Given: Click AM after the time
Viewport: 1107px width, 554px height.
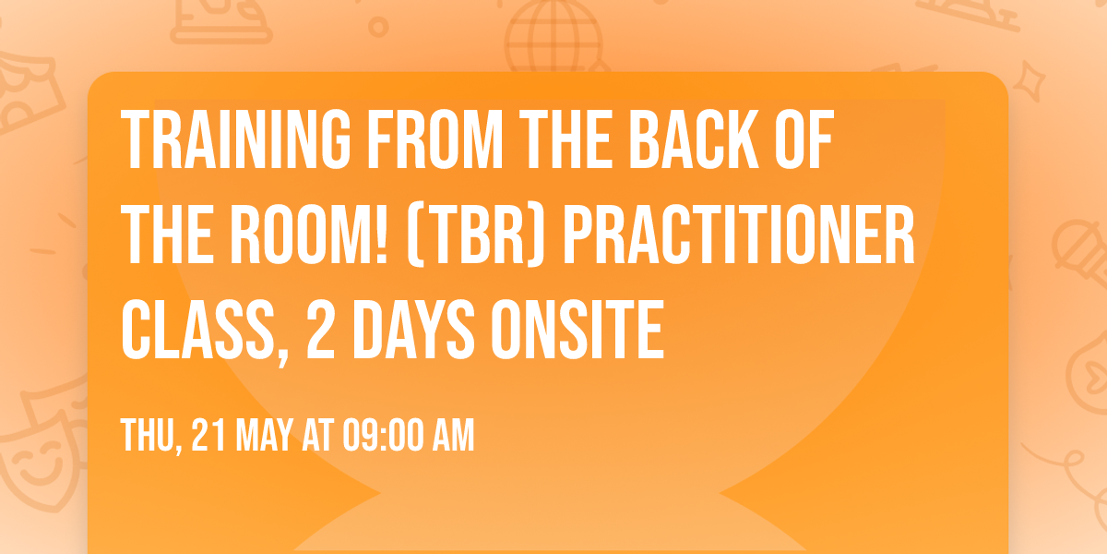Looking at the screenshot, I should (x=454, y=435).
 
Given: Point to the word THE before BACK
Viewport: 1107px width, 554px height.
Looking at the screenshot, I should (x=562, y=139).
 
